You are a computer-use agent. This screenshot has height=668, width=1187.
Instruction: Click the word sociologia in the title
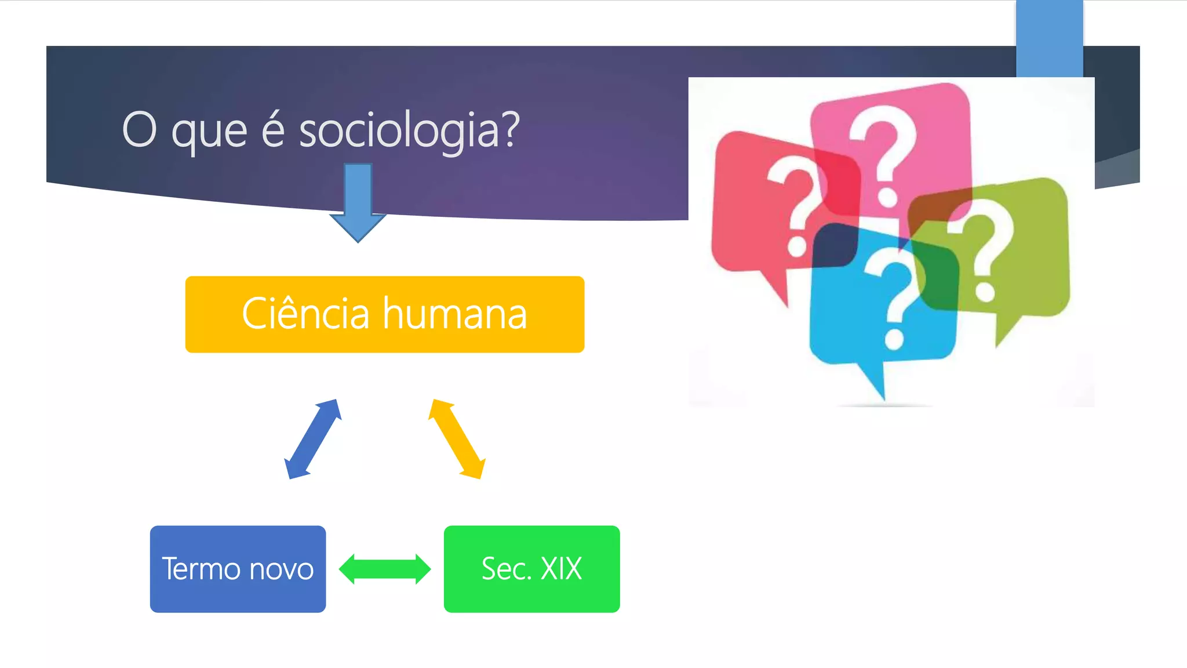coord(409,130)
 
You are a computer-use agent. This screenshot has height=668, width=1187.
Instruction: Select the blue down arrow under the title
coord(358,201)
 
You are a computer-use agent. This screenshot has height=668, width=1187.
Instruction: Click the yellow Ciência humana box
coord(384,314)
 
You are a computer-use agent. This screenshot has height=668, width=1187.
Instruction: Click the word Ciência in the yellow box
coord(305,314)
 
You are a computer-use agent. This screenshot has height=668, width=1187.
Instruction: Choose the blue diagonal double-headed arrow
coord(313,439)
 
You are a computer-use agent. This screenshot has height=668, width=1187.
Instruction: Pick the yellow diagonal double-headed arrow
coord(456,439)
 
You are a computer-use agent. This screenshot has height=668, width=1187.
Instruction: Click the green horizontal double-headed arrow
coord(385,569)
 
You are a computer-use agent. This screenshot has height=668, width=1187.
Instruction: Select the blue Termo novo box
coord(238,569)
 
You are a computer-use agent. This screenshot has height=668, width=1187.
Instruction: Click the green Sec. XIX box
coord(531,569)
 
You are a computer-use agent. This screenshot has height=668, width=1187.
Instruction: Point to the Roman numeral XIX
coord(561,569)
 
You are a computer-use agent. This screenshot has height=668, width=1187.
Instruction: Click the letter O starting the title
coord(140,130)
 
